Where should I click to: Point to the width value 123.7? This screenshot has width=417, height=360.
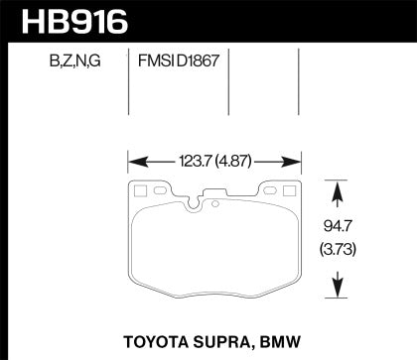190,158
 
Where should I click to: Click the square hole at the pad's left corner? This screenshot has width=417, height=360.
139,190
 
